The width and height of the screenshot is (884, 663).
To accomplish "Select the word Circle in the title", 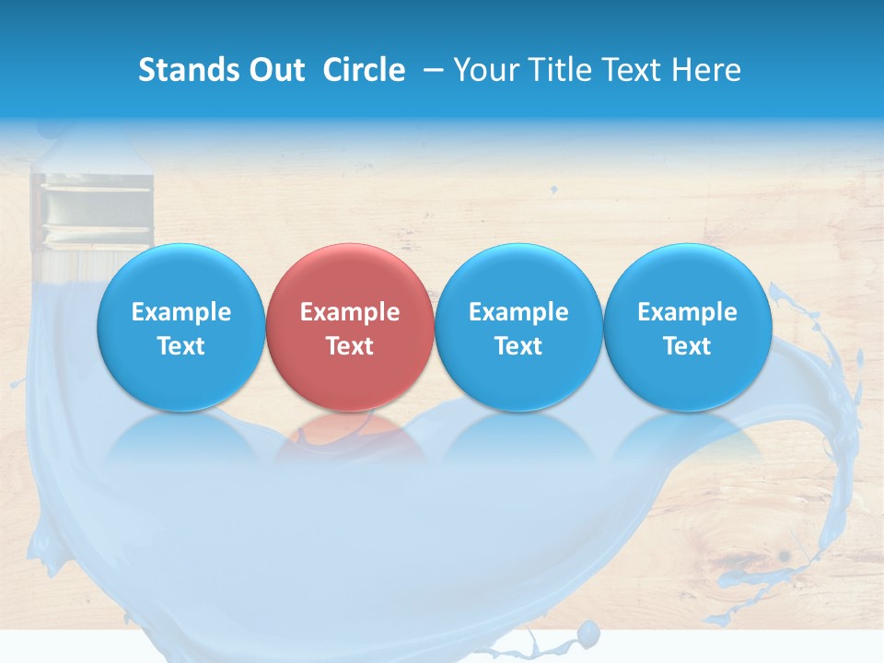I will (364, 70).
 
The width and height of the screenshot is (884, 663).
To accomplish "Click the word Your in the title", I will (486, 70).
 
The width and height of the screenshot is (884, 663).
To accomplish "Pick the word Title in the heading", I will (558, 70).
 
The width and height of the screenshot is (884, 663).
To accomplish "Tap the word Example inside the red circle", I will (350, 312).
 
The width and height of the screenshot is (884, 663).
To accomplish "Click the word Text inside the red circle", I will (350, 346).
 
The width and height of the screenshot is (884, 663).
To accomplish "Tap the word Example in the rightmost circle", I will (688, 312).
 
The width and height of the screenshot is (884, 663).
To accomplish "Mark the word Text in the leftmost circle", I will (181, 346).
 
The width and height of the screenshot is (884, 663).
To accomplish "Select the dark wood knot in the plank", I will (785, 556).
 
